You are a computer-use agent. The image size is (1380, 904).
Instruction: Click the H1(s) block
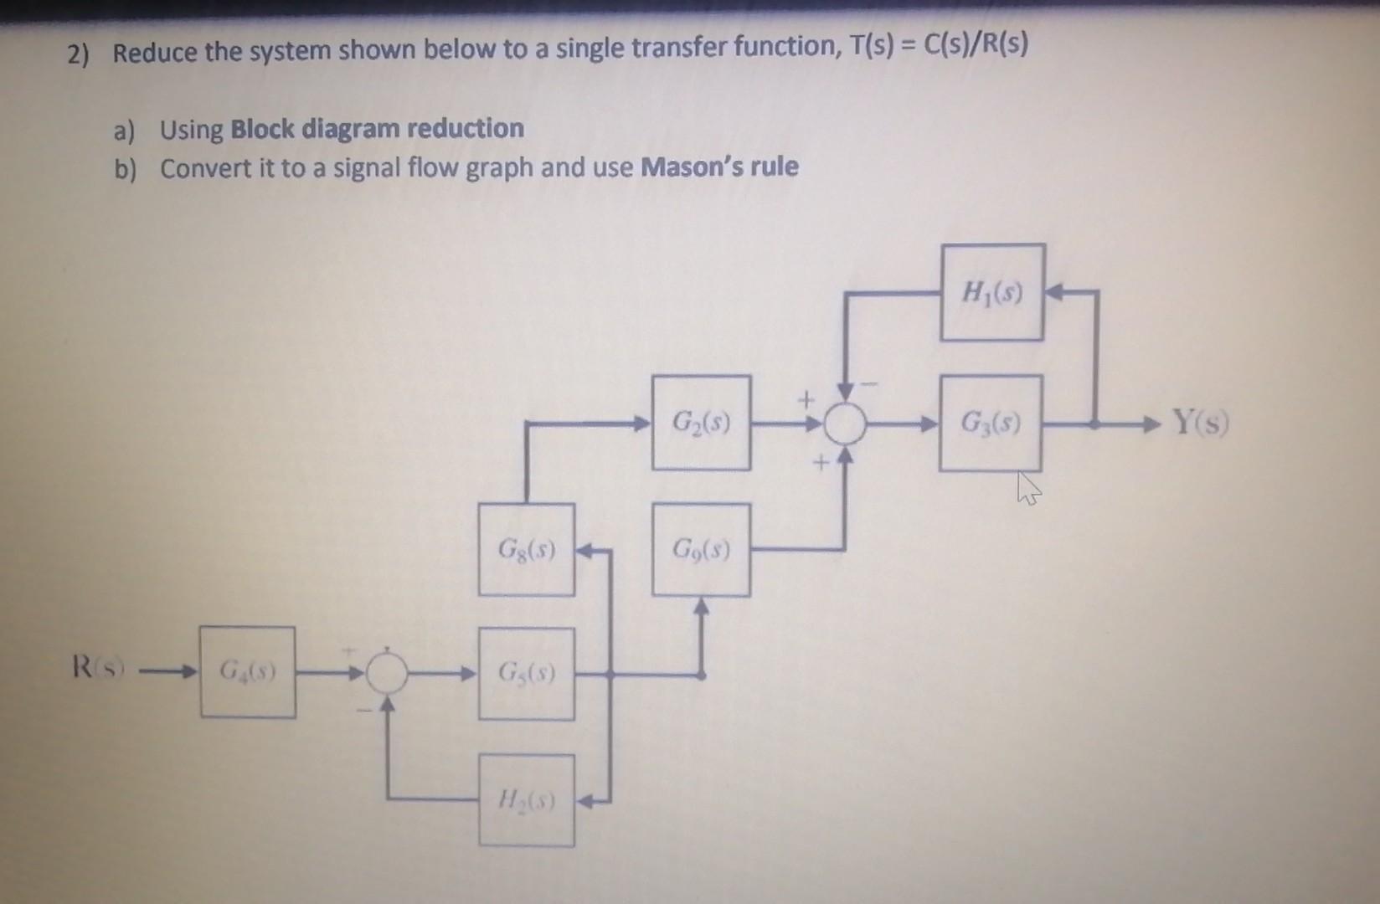click(x=992, y=292)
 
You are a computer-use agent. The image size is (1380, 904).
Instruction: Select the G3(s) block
click(x=991, y=423)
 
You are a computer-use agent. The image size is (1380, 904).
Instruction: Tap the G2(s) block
click(x=701, y=423)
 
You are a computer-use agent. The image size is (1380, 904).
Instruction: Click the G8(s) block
click(x=526, y=550)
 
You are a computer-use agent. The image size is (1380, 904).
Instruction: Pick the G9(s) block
click(x=701, y=550)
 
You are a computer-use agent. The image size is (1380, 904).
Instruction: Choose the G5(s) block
click(x=526, y=673)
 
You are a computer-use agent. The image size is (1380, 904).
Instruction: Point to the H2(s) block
click(x=526, y=800)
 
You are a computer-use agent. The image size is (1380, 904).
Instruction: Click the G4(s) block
click(x=247, y=671)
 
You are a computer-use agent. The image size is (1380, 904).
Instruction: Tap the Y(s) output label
click(x=1200, y=421)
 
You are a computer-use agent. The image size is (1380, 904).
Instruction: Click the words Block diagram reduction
click(x=377, y=129)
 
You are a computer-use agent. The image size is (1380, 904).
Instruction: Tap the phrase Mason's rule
click(x=719, y=167)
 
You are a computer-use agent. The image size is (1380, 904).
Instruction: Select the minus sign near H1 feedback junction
click(x=869, y=384)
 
